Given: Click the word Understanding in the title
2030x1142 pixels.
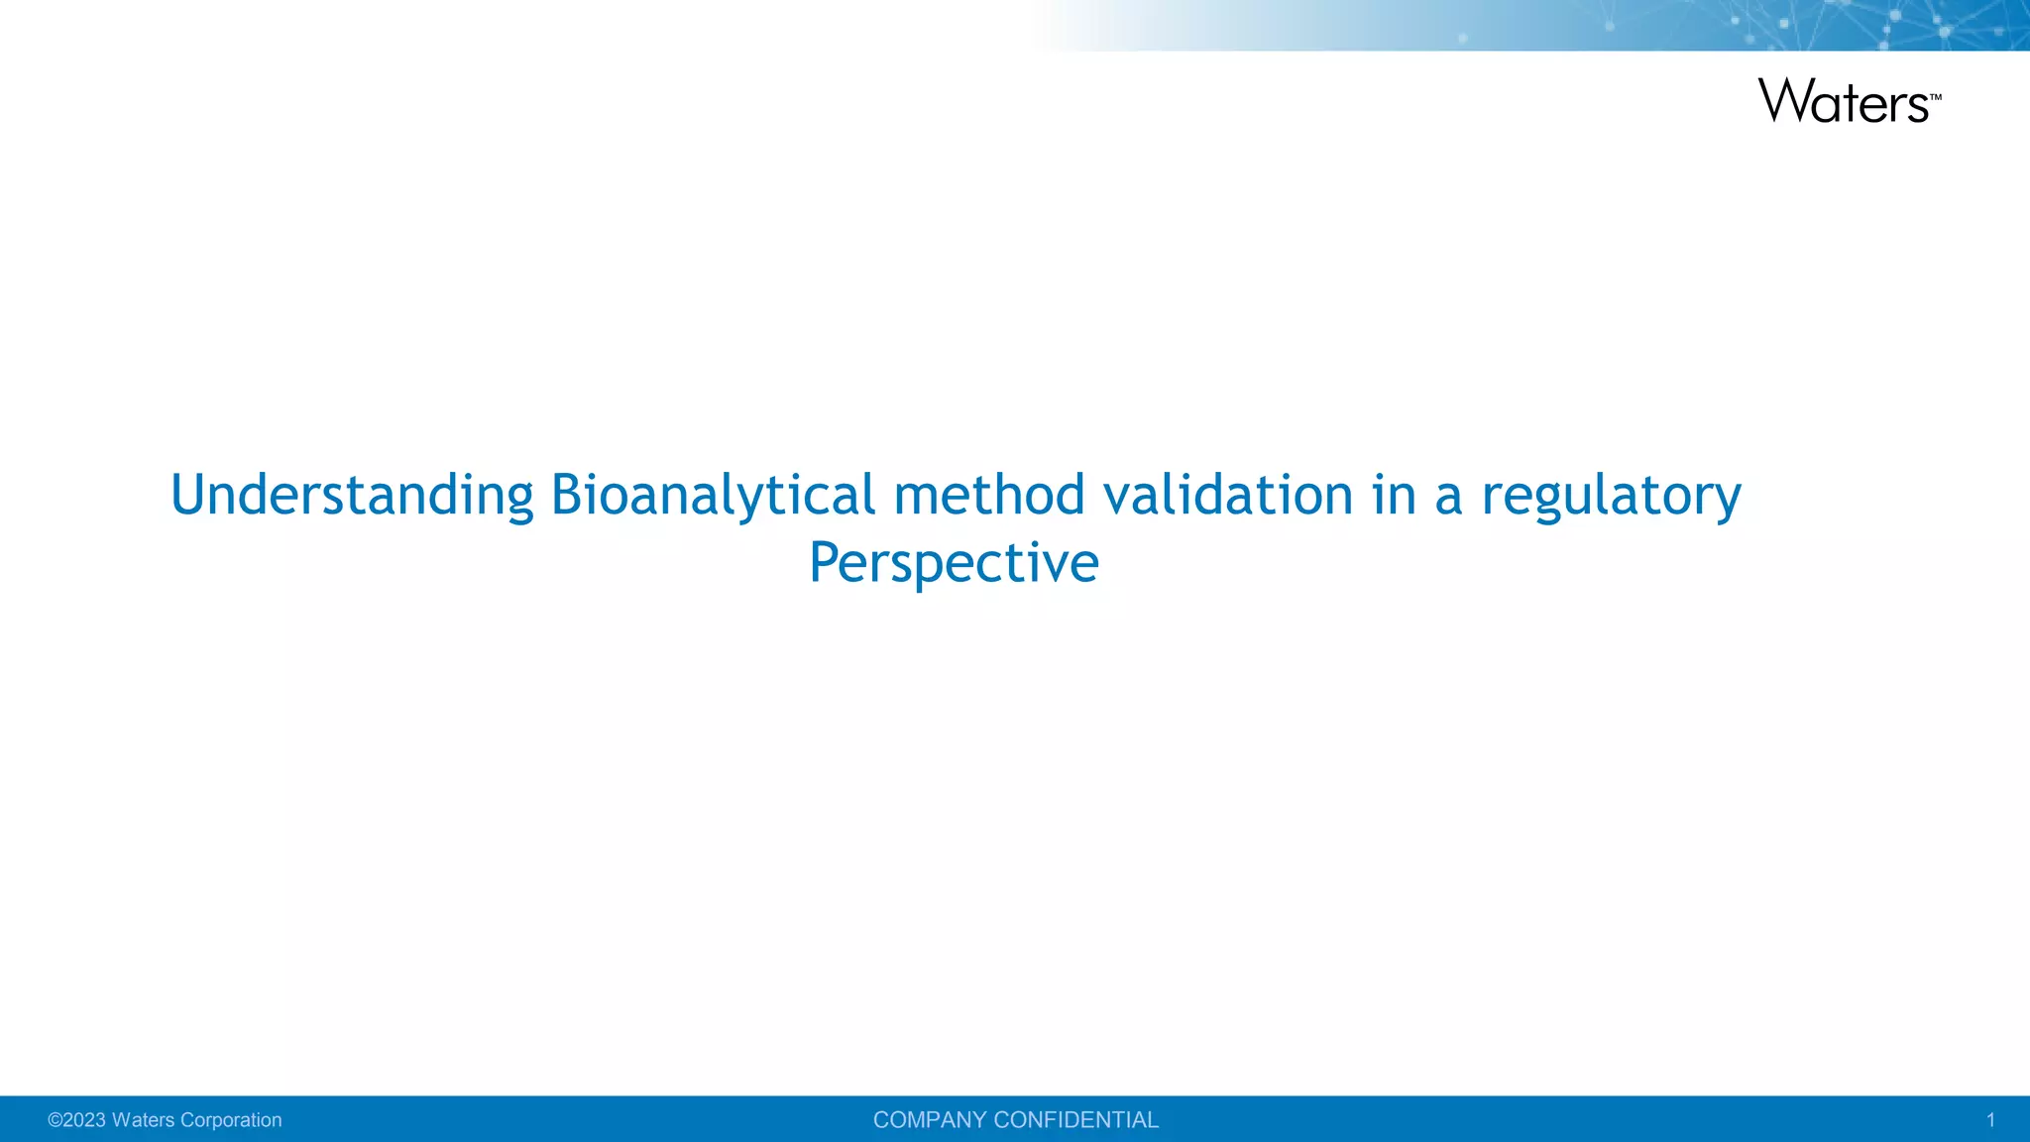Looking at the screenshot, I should (352, 496).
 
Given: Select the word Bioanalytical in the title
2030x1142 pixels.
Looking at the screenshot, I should (713, 496).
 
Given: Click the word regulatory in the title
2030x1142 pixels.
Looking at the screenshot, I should (1611, 496).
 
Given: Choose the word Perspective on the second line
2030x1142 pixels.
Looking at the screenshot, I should (954, 563).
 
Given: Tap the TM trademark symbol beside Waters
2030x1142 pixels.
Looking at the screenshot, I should (1936, 97).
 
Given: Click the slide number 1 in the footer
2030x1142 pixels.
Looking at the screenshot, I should (1989, 1120).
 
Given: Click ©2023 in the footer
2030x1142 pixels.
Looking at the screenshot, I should (77, 1120).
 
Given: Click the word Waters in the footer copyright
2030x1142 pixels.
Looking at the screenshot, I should (144, 1120).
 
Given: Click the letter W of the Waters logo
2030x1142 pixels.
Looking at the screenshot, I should (1784, 101).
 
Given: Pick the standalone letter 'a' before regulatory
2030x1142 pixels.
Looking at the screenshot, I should (1448, 498).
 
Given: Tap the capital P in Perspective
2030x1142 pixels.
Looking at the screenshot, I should (825, 563).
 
